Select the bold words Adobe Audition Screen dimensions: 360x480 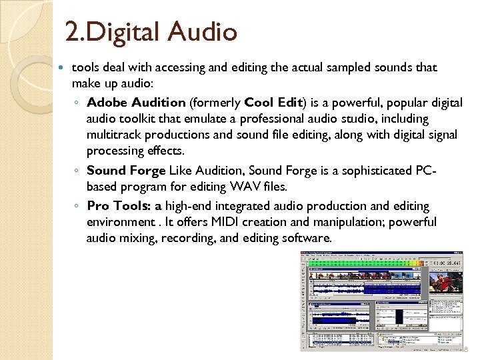(136, 103)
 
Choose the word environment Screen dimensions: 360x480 (123, 222)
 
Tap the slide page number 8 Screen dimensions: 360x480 (465, 349)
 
